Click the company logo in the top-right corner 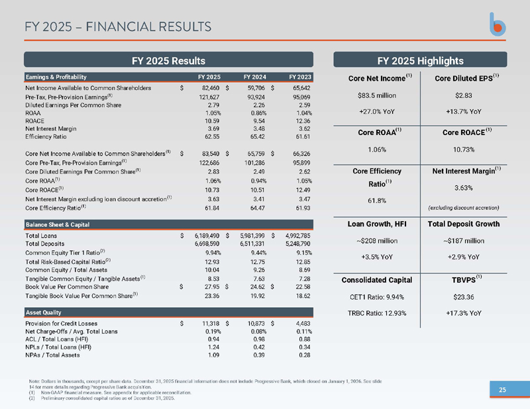click(498, 24)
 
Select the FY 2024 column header click(254, 77)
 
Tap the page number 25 click(502, 390)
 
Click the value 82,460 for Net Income click(211, 88)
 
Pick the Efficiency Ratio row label click(46, 137)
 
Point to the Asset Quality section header click(43, 312)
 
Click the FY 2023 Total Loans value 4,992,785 click(297, 236)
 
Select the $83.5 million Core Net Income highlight click(377, 95)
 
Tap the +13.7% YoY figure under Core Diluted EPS click(463, 112)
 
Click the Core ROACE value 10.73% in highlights click(463, 150)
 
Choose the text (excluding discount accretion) click(463, 208)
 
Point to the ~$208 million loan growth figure click(377, 241)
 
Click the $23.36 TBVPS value click(463, 297)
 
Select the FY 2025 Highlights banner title click(420, 61)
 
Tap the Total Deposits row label click(44, 244)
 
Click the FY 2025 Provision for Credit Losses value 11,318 click(211, 324)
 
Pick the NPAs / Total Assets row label click(52, 355)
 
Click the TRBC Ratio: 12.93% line click(377, 314)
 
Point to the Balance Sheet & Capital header click(58, 224)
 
